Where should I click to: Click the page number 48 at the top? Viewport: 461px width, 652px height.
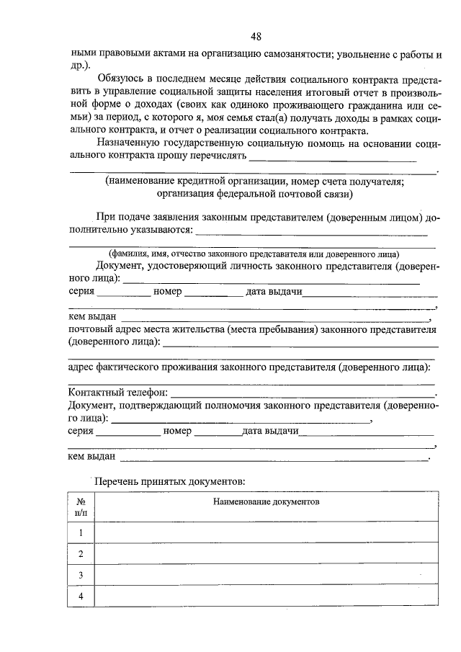(x=256, y=37)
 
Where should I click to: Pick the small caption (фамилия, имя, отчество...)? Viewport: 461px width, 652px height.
(x=254, y=254)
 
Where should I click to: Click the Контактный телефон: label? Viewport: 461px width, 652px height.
(x=117, y=393)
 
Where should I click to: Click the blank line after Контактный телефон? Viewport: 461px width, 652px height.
(x=303, y=395)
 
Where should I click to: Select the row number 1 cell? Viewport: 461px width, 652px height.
(x=81, y=532)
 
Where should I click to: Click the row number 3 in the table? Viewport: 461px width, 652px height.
(x=81, y=575)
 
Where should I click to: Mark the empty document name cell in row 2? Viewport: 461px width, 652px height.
(x=265, y=553)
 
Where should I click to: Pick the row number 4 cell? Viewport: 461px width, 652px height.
(x=81, y=597)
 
